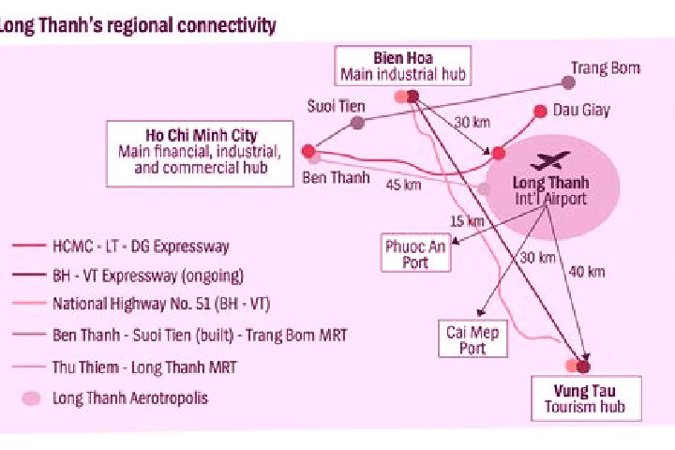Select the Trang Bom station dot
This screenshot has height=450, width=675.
point(568,82)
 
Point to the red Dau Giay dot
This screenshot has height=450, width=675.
point(540,112)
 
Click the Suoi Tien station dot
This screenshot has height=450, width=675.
point(357,123)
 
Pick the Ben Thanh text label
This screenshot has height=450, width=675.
point(336,177)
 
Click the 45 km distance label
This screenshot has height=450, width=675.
point(403,185)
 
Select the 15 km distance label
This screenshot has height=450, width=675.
point(467,221)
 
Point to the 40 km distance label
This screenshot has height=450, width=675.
point(587,272)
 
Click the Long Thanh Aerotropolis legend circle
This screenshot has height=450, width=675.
point(31,398)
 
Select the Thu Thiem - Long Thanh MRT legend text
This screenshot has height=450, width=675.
point(144,367)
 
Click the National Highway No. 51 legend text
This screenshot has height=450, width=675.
point(161,304)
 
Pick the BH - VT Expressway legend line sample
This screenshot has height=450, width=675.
point(29,275)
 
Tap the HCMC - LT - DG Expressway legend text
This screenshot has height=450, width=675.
point(141,247)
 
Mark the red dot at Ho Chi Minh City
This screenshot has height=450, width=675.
point(308,151)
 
